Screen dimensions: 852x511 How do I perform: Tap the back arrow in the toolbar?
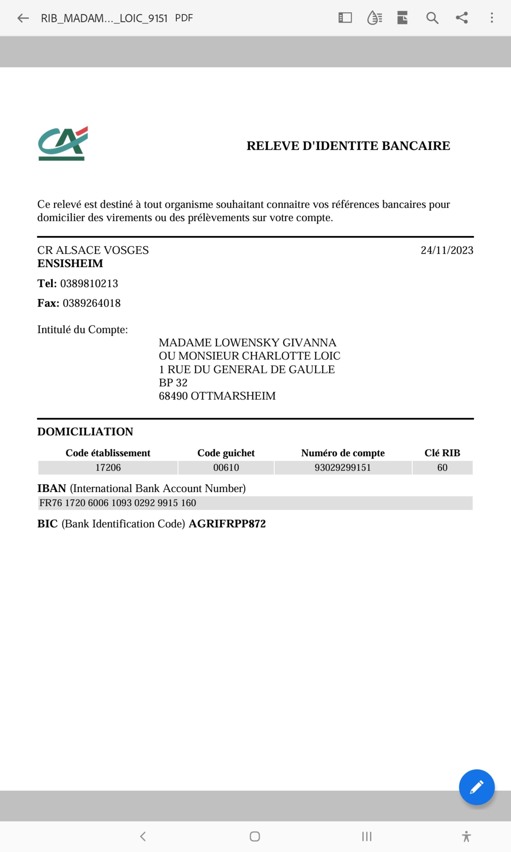[23, 18]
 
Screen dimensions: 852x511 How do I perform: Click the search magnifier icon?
[432, 18]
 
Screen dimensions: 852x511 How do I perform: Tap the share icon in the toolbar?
[461, 18]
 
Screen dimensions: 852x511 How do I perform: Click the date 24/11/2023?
[447, 250]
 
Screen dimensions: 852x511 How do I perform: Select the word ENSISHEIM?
[70, 264]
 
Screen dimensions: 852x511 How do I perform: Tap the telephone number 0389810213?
[89, 283]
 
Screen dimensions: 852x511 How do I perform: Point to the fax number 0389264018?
[91, 303]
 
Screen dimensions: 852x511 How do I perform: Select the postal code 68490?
[173, 396]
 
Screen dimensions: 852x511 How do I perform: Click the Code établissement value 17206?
[108, 468]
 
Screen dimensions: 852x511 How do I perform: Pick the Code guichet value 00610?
[226, 468]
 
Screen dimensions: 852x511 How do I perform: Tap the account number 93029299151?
[343, 468]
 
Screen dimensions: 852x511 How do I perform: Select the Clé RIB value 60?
[442, 468]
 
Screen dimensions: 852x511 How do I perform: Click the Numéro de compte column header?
[343, 453]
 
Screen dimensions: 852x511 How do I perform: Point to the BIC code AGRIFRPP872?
[227, 524]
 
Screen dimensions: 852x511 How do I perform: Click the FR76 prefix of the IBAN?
[51, 503]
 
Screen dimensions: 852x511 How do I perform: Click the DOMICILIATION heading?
[85, 432]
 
